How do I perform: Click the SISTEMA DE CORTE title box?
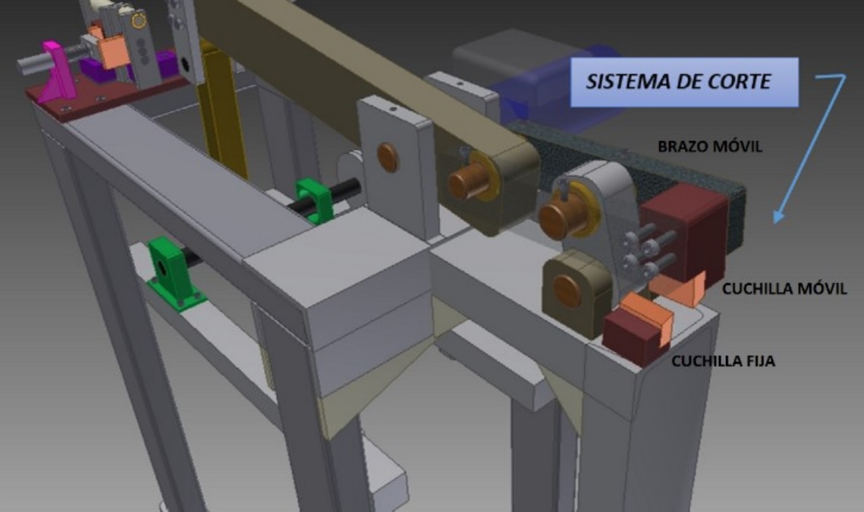pyautogui.click(x=683, y=82)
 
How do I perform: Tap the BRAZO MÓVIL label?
pyautogui.click(x=710, y=146)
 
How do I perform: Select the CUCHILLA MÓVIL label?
pyautogui.click(x=784, y=289)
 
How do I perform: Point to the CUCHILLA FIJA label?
pyautogui.click(x=723, y=362)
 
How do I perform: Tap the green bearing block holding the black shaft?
pyautogui.click(x=313, y=200)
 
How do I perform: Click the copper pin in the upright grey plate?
pyautogui.click(x=388, y=157)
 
